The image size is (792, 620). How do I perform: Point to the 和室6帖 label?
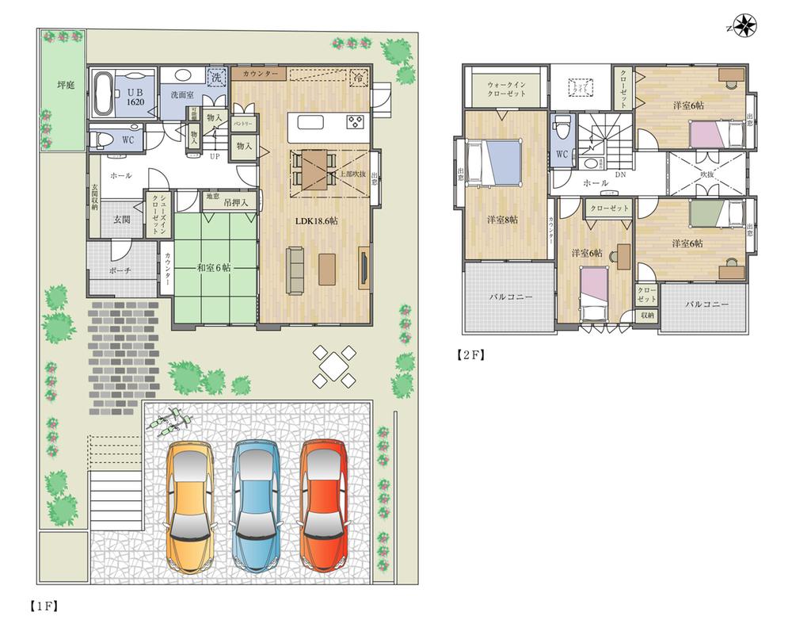[214, 267]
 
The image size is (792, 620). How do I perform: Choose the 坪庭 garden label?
[64, 83]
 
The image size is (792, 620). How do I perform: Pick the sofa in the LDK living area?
[295, 268]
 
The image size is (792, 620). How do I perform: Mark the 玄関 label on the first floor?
[120, 220]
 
